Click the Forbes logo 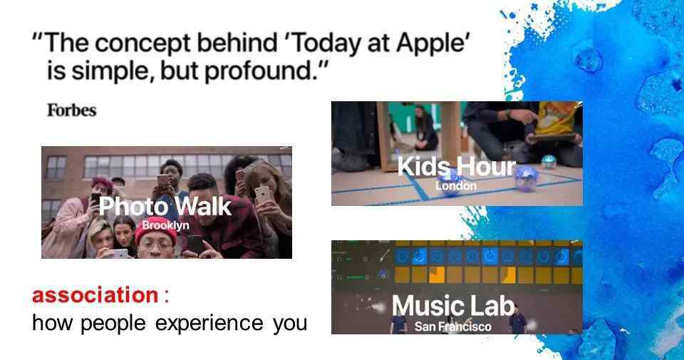[71, 110]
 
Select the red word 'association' [95, 295]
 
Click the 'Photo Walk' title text [165, 207]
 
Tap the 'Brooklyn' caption [165, 225]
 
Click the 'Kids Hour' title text [456, 166]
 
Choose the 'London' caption [456, 186]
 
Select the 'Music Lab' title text [453, 305]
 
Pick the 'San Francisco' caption [453, 326]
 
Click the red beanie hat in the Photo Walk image [155, 229]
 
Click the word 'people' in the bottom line [113, 324]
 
